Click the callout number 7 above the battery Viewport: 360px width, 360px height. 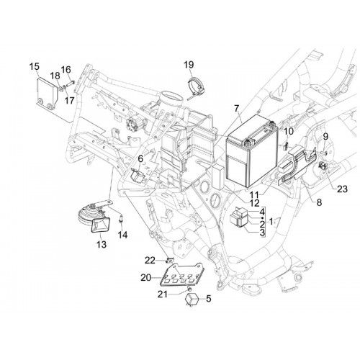237,109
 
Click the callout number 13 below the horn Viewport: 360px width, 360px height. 102,245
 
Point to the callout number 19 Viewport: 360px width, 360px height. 189,65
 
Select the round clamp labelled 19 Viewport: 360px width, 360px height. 196,88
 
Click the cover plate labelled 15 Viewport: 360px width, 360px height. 48,94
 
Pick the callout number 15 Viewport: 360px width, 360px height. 35,66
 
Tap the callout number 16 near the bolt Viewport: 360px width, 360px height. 66,70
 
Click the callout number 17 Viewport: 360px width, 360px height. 69,100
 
